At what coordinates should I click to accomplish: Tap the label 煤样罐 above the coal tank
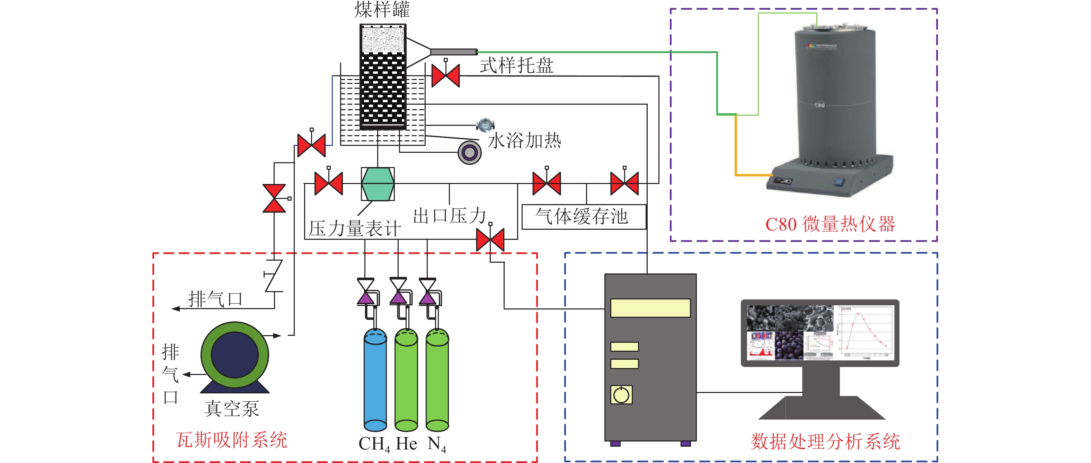[382, 9]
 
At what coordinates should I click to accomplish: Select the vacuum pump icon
[234, 356]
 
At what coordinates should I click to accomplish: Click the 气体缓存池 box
[584, 217]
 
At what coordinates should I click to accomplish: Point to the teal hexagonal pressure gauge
[378, 184]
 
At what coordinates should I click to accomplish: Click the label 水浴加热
[524, 141]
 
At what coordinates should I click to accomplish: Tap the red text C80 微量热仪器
[830, 224]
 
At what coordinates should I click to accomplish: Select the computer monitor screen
[819, 333]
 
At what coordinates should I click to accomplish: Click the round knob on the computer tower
[621, 395]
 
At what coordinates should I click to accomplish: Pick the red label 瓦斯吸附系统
[232, 440]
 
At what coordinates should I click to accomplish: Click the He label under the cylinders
[406, 444]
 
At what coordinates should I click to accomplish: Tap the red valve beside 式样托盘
[445, 76]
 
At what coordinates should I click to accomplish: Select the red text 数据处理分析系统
[825, 442]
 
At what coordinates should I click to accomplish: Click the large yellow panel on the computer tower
[650, 308]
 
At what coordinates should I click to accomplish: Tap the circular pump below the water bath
[469, 152]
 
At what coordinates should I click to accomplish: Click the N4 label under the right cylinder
[437, 444]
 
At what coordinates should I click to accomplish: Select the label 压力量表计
[355, 229]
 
